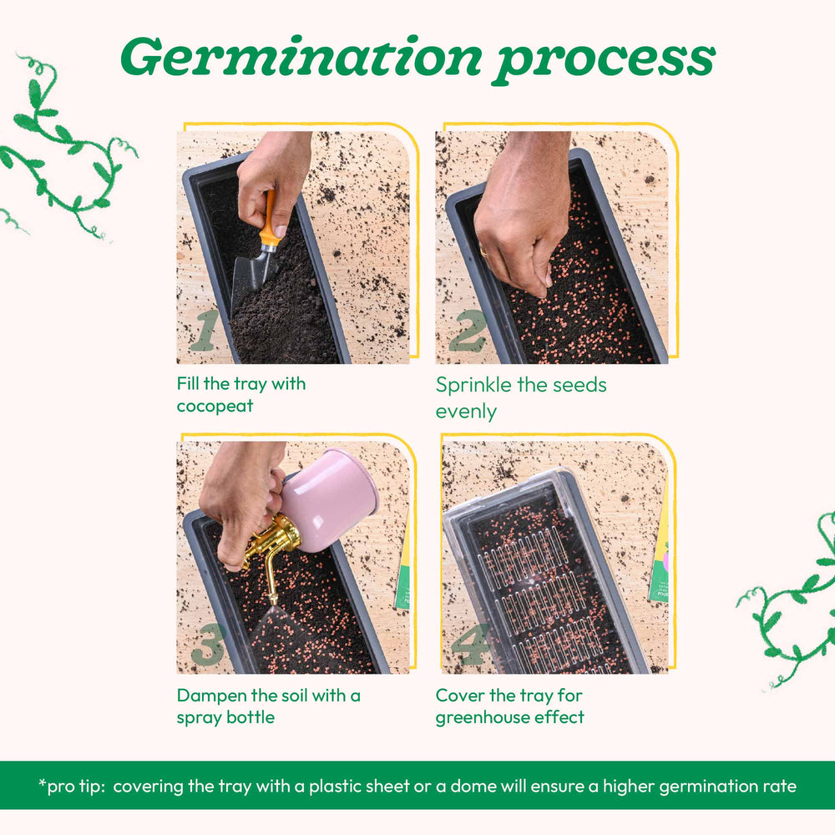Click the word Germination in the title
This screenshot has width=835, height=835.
tap(301, 57)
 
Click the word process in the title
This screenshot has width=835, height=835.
tap(604, 61)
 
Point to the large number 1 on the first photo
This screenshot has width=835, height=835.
tap(205, 330)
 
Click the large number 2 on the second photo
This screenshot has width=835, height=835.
tap(468, 331)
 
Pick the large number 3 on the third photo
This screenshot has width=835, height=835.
tap(208, 645)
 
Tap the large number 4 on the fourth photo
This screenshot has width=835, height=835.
tap(470, 645)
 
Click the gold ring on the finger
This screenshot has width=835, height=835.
tap(483, 250)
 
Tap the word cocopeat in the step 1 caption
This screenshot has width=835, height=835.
tap(215, 407)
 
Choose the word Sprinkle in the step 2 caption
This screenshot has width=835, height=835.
tap(473, 385)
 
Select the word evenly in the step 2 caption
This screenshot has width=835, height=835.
tap(466, 412)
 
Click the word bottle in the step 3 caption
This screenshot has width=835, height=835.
tap(250, 717)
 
